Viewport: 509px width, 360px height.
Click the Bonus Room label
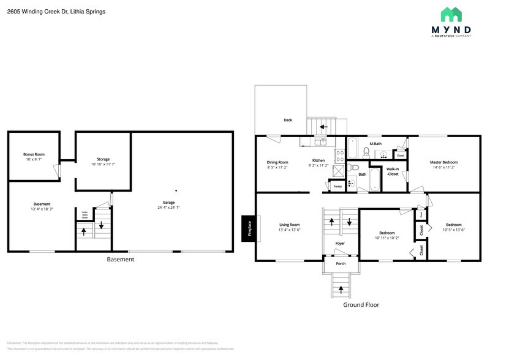[34, 154]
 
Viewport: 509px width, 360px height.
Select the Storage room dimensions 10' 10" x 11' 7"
[103, 165]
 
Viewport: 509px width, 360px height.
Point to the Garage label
[168, 202]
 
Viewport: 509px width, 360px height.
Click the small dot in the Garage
[176, 190]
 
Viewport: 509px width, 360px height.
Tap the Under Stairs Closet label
[85, 214]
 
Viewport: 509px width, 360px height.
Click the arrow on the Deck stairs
[323, 127]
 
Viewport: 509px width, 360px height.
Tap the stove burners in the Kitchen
[338, 154]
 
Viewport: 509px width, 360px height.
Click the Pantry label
[337, 186]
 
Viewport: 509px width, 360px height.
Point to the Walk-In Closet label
[393, 171]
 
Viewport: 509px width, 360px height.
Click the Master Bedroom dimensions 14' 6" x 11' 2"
[443, 167]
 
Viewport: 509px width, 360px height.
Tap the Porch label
[341, 264]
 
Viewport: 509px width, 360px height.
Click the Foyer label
[341, 243]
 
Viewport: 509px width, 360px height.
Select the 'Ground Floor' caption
[361, 304]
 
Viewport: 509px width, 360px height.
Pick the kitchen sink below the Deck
[320, 141]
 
